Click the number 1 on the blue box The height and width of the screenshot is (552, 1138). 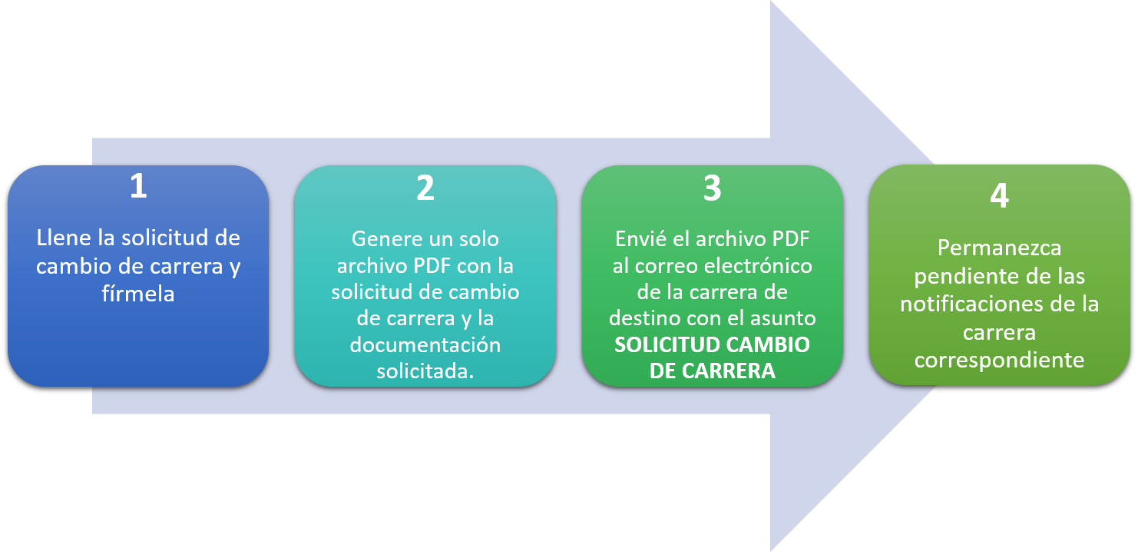[138, 188]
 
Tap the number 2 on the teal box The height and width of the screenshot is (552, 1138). [425, 188]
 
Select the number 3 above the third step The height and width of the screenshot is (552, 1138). [713, 188]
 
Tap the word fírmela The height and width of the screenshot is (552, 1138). [138, 293]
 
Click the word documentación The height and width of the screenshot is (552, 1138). [425, 344]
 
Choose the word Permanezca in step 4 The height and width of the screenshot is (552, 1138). [999, 248]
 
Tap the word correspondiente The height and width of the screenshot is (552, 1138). [999, 359]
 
